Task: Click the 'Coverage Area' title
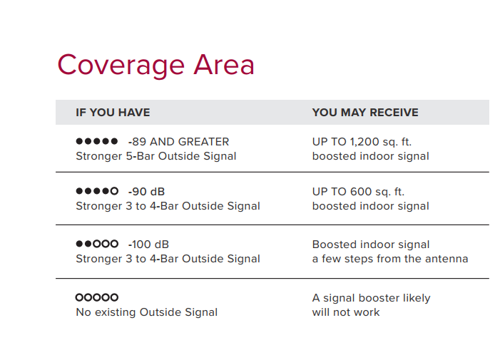pyautogui.click(x=155, y=66)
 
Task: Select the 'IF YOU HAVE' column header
pyautogui.click(x=113, y=113)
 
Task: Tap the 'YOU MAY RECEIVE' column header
pyautogui.click(x=365, y=113)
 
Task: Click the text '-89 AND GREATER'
pyautogui.click(x=178, y=142)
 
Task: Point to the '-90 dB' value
pyautogui.click(x=146, y=192)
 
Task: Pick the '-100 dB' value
pyautogui.click(x=148, y=245)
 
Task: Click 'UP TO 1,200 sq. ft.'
pyautogui.click(x=362, y=142)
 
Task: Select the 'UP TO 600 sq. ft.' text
pyautogui.click(x=359, y=192)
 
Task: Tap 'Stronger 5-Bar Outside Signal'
pyautogui.click(x=156, y=156)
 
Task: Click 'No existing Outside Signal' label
pyautogui.click(x=147, y=312)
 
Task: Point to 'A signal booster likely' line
pyautogui.click(x=371, y=298)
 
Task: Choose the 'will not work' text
pyautogui.click(x=346, y=312)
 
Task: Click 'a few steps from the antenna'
pyautogui.click(x=390, y=259)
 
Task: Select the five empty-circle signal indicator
pyautogui.click(x=97, y=297)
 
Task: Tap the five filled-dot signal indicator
pyautogui.click(x=97, y=141)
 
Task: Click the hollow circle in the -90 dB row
pyautogui.click(x=114, y=191)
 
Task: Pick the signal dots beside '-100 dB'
pyautogui.click(x=97, y=244)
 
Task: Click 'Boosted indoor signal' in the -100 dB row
pyautogui.click(x=371, y=245)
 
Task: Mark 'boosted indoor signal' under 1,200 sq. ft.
pyautogui.click(x=370, y=156)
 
